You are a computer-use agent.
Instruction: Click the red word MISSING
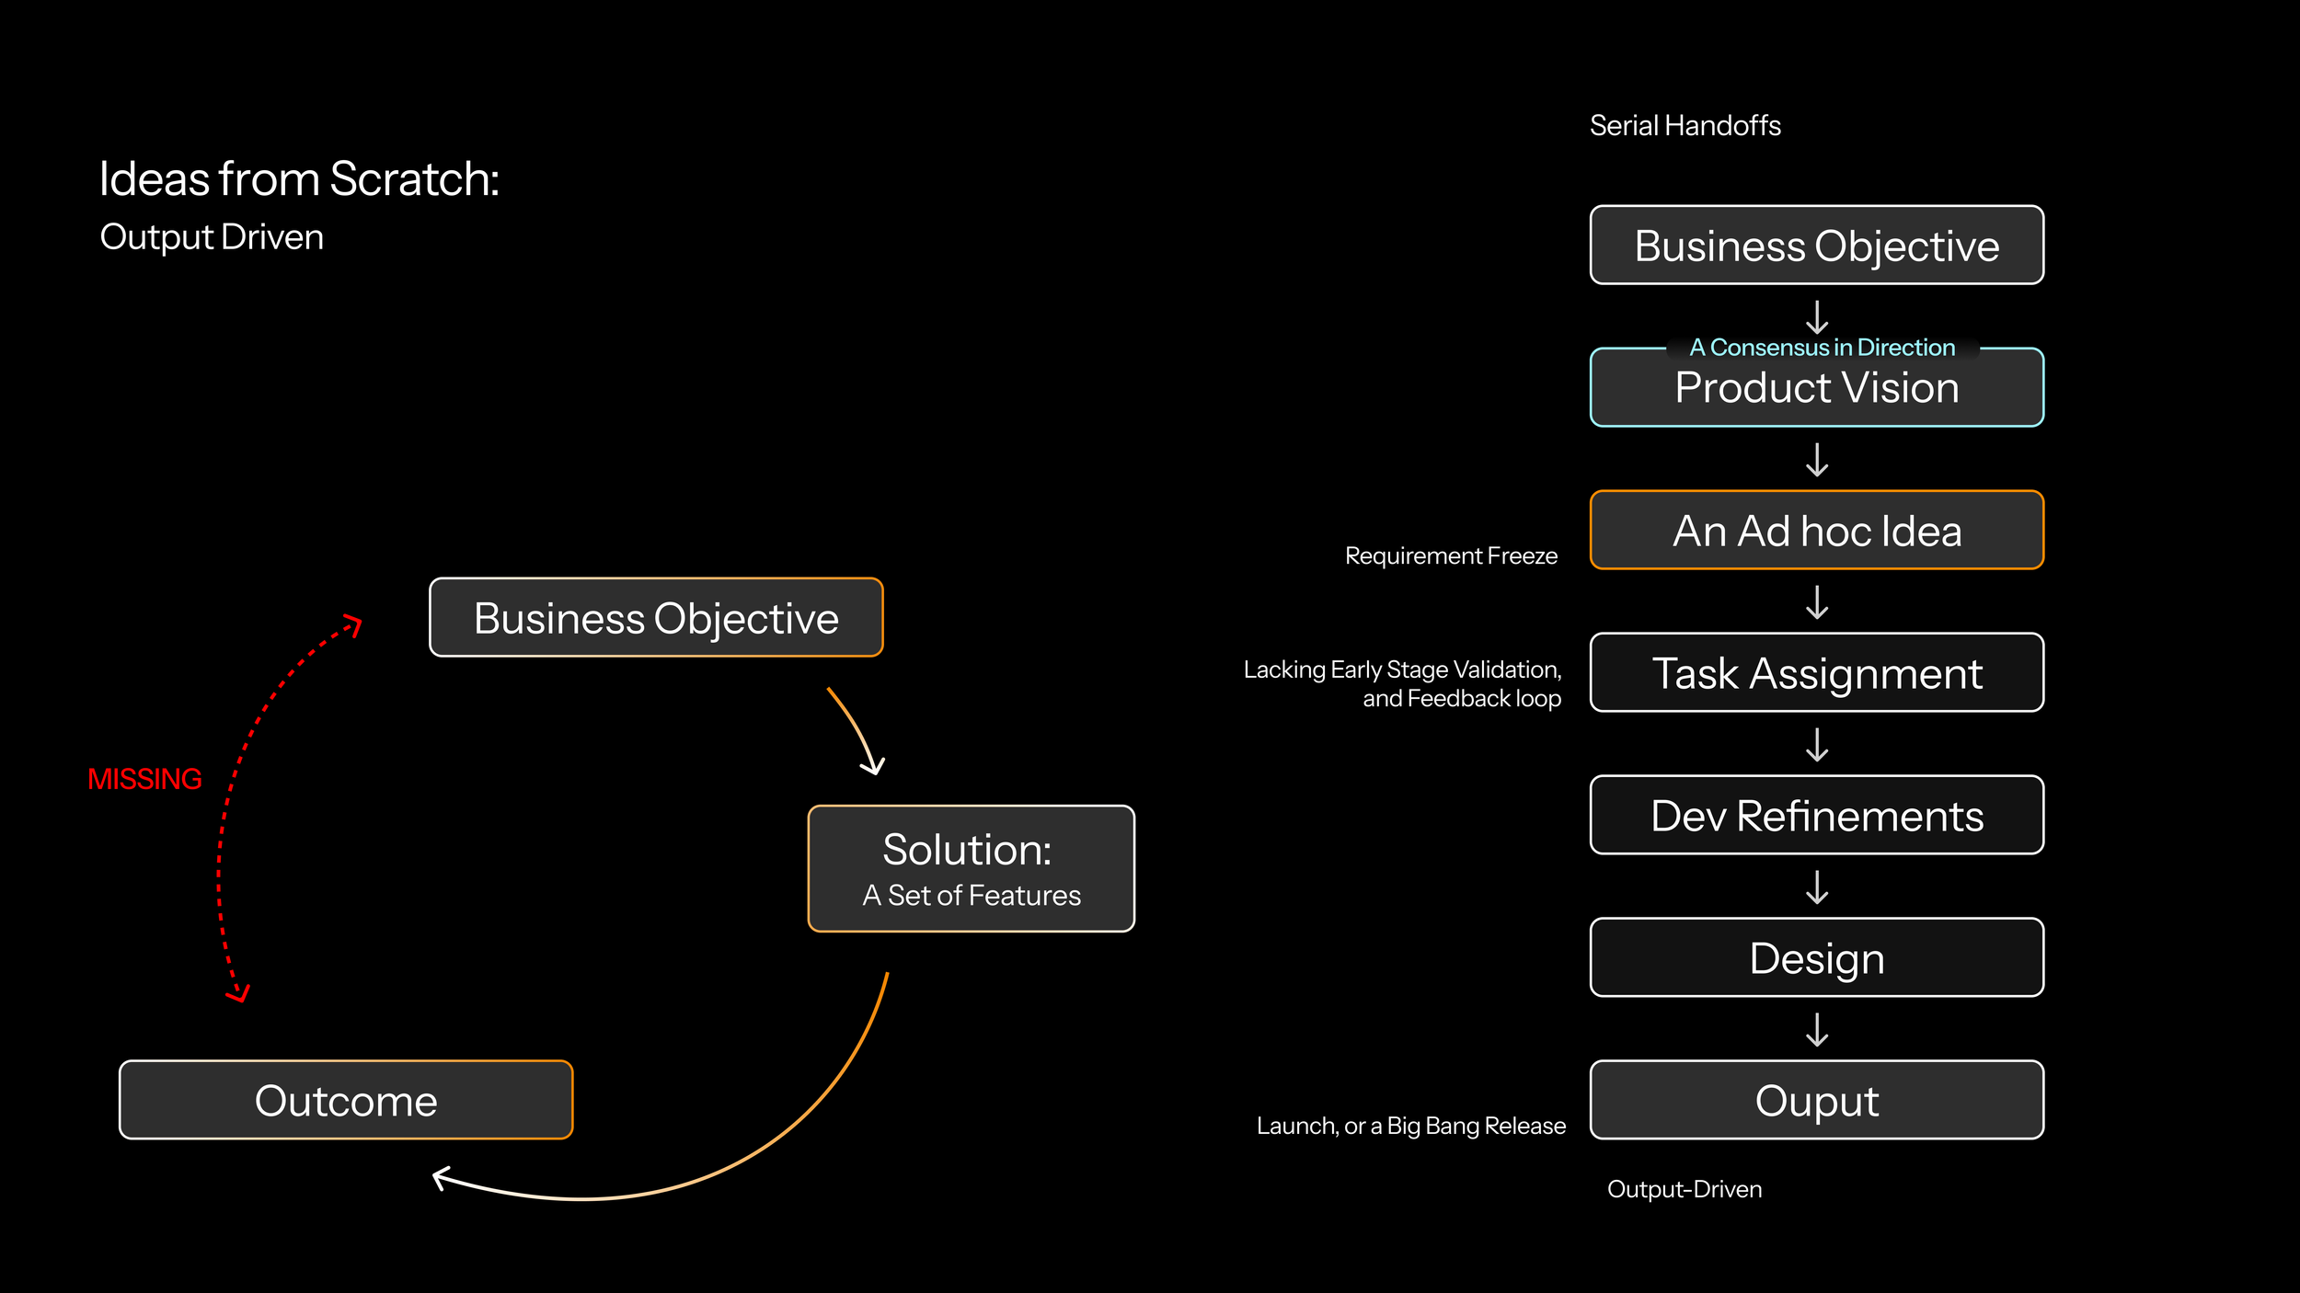[144, 779]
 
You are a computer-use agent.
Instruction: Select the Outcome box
[346, 1100]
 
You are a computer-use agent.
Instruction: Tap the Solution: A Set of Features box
[971, 868]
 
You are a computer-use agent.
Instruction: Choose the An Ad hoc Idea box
[1816, 531]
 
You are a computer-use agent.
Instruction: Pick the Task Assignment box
[1816, 672]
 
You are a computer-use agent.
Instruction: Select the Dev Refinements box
[1816, 815]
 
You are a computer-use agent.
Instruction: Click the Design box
[1816, 957]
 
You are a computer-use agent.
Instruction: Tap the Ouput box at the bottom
[1816, 1100]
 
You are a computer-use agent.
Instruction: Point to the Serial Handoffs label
[1685, 126]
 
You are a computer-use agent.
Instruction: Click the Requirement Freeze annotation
[1451, 555]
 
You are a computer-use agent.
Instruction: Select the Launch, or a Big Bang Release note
[1410, 1126]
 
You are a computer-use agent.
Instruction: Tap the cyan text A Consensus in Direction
[1822, 348]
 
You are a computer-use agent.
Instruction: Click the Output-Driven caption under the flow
[1684, 1189]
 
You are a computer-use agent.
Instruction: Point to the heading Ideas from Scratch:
[299, 178]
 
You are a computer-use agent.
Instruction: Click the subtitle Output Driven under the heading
[212, 237]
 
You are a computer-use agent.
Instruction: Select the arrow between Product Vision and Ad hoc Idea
[1817, 460]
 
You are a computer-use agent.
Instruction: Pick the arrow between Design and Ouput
[1817, 1030]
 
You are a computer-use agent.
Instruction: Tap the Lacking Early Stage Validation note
[1402, 683]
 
